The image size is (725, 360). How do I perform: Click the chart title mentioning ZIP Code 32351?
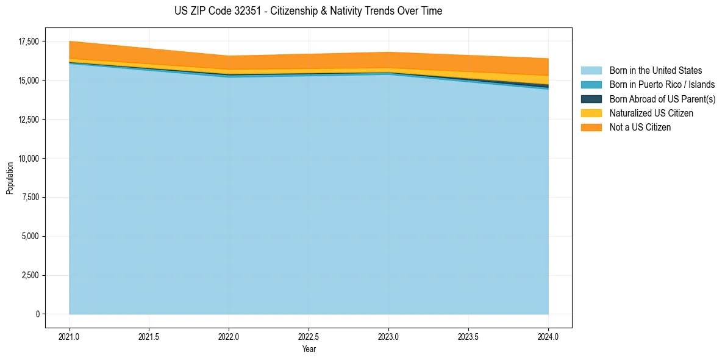308,11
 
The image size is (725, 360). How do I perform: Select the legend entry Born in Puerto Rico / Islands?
662,85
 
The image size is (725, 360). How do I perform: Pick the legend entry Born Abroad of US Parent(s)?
662,99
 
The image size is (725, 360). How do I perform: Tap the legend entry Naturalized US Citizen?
651,113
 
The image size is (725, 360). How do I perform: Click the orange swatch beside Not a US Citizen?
591,127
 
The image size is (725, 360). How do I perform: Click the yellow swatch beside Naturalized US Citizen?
591,113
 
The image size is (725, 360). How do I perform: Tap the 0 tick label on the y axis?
37,314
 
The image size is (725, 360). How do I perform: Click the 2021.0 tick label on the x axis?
70,336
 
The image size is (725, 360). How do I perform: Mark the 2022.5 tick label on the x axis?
309,336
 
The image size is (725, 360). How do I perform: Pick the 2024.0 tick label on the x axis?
548,336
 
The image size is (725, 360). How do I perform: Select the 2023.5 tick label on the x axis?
468,336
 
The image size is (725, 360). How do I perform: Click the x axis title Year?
309,349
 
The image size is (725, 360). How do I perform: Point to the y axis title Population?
10,178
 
